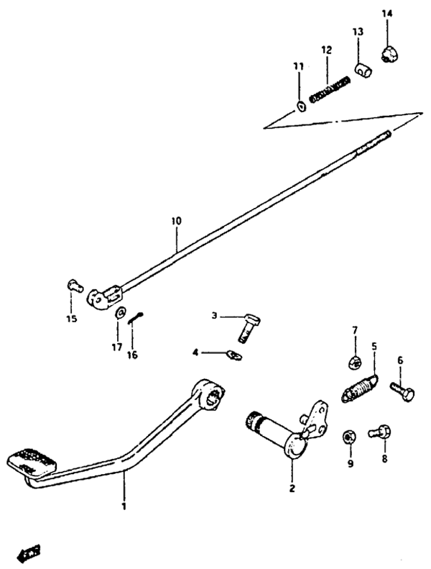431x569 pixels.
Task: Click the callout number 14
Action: click(387, 14)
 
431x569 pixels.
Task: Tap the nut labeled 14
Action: click(389, 53)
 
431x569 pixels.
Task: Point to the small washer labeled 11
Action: click(300, 107)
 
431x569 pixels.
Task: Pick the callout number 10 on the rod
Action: click(177, 222)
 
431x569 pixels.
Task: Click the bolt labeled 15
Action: click(73, 285)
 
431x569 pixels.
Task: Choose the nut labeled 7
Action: click(354, 361)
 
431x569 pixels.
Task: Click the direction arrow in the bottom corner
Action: click(29, 552)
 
